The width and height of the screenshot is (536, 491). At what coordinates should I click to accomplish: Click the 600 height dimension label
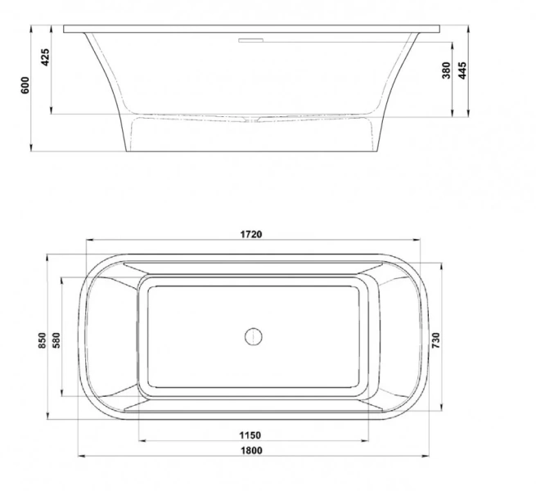click(25, 85)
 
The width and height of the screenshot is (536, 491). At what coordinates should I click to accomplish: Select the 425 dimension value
click(45, 57)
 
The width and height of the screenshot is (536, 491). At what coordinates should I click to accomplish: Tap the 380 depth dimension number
click(447, 70)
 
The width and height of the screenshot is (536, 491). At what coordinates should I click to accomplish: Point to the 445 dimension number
click(462, 70)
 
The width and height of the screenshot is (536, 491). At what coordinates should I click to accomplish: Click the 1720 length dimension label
click(251, 234)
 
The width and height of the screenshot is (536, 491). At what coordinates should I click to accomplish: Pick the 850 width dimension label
click(42, 340)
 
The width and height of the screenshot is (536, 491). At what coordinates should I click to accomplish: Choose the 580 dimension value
click(56, 340)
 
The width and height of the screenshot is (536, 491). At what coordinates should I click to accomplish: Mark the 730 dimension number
click(436, 340)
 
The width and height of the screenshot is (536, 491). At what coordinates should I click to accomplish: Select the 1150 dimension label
click(250, 435)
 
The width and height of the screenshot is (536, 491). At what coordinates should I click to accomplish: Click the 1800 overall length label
click(251, 450)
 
